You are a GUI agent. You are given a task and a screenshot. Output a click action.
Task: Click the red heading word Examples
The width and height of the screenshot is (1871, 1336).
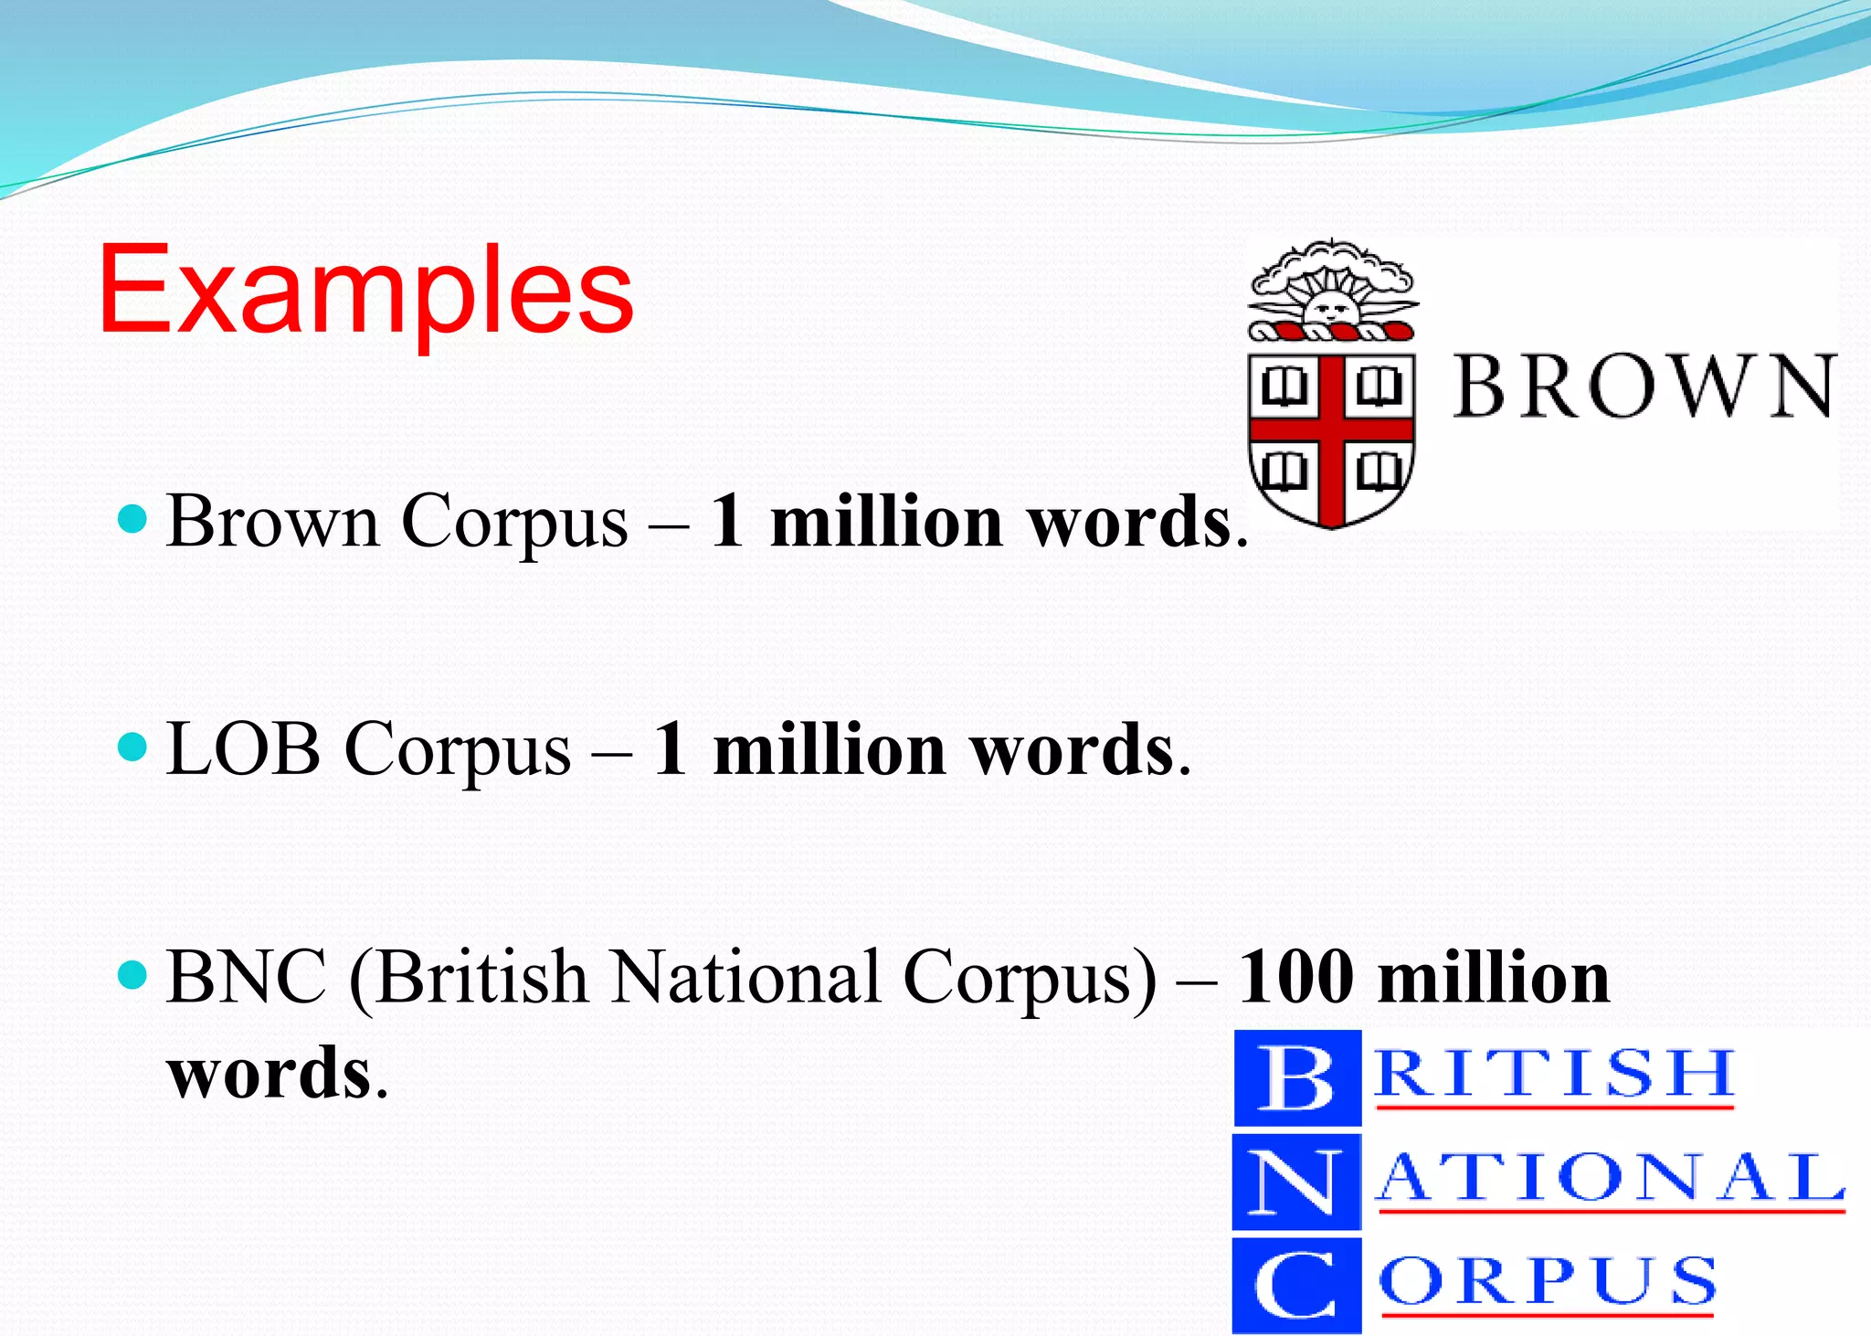tap(365, 291)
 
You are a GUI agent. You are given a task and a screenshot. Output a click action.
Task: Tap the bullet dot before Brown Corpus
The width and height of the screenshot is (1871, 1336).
tap(133, 520)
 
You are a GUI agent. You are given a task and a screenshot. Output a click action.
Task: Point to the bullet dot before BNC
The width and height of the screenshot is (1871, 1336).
tap(133, 975)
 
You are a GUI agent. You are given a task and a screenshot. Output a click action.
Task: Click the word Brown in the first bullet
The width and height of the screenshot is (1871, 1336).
tap(272, 521)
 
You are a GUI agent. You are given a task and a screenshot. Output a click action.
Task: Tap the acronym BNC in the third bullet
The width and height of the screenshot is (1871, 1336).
tap(247, 977)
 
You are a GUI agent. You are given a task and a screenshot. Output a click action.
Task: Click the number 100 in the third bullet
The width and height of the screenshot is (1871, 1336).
tap(1295, 977)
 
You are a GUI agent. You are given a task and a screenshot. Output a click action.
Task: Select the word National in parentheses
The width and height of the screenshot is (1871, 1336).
tap(747, 977)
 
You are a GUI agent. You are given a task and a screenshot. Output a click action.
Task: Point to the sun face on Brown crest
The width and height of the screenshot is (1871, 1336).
tap(1329, 306)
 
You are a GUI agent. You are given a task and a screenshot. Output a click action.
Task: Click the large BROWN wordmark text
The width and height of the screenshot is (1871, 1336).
tap(1644, 387)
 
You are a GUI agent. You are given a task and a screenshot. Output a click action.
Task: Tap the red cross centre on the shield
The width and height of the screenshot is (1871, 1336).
tap(1332, 429)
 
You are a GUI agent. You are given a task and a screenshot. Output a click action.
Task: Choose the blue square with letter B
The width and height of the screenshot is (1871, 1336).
tap(1297, 1077)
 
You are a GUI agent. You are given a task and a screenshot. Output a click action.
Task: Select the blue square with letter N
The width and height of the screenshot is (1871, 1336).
tap(1296, 1182)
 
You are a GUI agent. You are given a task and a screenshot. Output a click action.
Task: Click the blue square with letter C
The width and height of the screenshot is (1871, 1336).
tap(1296, 1285)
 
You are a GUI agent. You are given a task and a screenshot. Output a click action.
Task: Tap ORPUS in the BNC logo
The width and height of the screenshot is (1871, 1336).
tap(1548, 1281)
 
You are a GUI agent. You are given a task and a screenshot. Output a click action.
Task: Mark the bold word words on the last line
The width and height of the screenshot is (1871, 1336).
tap(270, 1072)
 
